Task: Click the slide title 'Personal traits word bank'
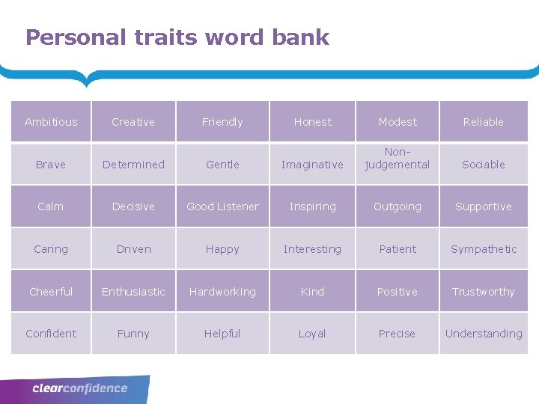(177, 37)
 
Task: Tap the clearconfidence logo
(80, 388)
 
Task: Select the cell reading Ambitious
(51, 122)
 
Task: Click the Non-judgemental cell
(398, 159)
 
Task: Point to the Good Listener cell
(222, 206)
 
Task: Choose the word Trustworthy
(484, 292)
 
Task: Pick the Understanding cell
(484, 334)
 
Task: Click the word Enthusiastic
(133, 292)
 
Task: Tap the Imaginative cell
(312, 165)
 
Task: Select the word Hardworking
(222, 292)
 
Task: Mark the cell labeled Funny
(133, 334)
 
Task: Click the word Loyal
(312, 334)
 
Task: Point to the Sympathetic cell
(484, 249)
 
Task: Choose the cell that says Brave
(51, 165)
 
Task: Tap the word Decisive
(133, 206)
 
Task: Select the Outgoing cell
(398, 206)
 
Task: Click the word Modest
(398, 122)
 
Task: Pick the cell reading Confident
(51, 334)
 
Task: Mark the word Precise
(398, 334)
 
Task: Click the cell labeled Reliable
(484, 122)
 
